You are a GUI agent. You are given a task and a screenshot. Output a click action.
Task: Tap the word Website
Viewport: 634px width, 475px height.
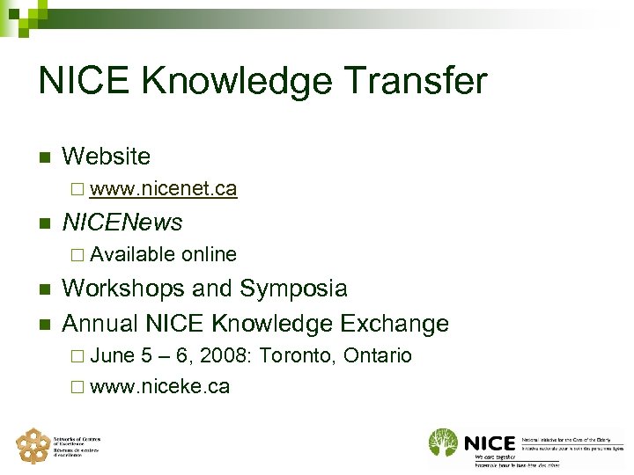point(107,157)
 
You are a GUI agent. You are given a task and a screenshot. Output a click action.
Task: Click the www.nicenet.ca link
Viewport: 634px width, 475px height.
point(163,188)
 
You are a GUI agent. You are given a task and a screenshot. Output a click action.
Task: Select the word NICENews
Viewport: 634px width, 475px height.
point(122,222)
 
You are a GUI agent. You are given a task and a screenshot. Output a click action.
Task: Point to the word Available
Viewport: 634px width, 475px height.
point(132,254)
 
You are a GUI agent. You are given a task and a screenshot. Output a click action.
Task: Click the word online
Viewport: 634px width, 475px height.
point(209,254)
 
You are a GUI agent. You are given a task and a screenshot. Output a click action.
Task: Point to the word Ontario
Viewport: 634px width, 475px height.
point(378,356)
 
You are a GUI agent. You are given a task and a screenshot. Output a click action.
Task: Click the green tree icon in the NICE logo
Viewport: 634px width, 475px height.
point(444,442)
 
